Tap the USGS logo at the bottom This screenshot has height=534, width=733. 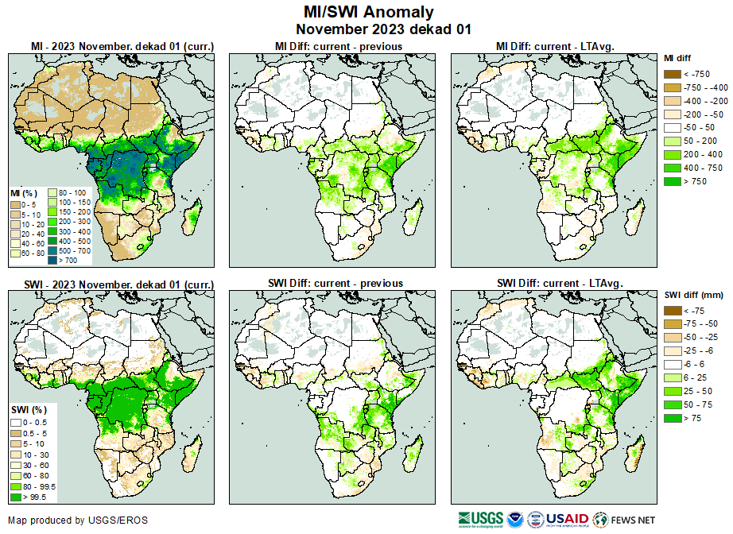click(x=481, y=520)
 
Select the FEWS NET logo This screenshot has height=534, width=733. click(x=625, y=520)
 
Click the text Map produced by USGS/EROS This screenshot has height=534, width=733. click(x=78, y=520)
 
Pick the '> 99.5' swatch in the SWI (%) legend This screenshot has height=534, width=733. click(x=16, y=497)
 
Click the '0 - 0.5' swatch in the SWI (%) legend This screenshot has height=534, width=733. click(x=16, y=421)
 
